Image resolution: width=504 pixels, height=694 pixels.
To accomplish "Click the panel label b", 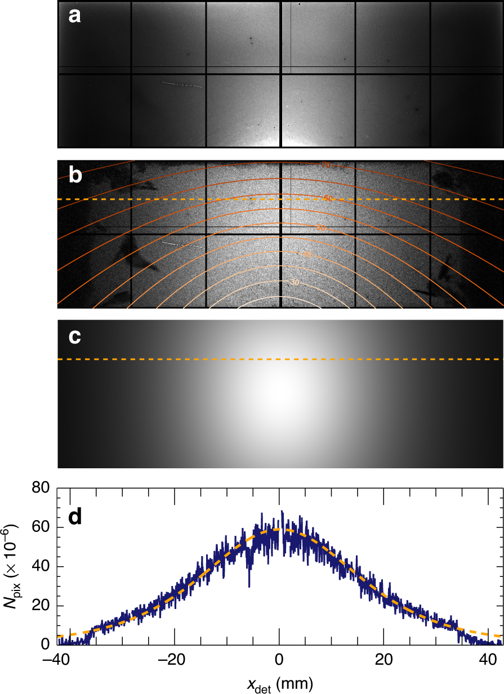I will (x=75, y=176).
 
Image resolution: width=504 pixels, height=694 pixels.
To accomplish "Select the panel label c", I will (x=74, y=336).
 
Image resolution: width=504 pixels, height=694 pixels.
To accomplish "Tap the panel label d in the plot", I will (x=75, y=517).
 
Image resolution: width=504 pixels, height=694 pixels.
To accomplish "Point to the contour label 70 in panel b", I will (x=326, y=165).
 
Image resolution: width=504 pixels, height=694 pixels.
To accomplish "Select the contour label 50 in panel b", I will (x=322, y=228).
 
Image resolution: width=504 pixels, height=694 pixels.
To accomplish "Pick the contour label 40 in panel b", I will (x=307, y=255).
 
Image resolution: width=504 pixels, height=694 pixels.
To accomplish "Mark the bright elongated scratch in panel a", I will (x=182, y=85).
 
